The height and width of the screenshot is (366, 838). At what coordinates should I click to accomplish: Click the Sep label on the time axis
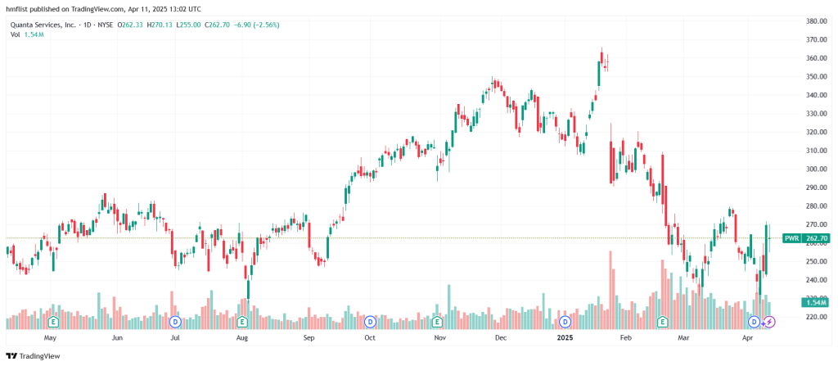point(309,337)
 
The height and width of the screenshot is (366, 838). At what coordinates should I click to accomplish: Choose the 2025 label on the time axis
point(565,337)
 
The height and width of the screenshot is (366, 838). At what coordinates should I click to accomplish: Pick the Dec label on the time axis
point(501,337)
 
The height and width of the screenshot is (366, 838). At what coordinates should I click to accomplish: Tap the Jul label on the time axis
point(175,337)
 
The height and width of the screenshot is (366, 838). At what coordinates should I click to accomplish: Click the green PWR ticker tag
point(791,238)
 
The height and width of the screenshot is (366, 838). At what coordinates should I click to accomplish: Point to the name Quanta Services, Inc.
point(41,25)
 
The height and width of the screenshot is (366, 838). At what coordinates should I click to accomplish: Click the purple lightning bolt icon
point(768,322)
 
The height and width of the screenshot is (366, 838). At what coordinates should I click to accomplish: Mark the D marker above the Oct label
point(370,322)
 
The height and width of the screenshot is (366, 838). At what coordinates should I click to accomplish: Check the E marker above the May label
point(54,322)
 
